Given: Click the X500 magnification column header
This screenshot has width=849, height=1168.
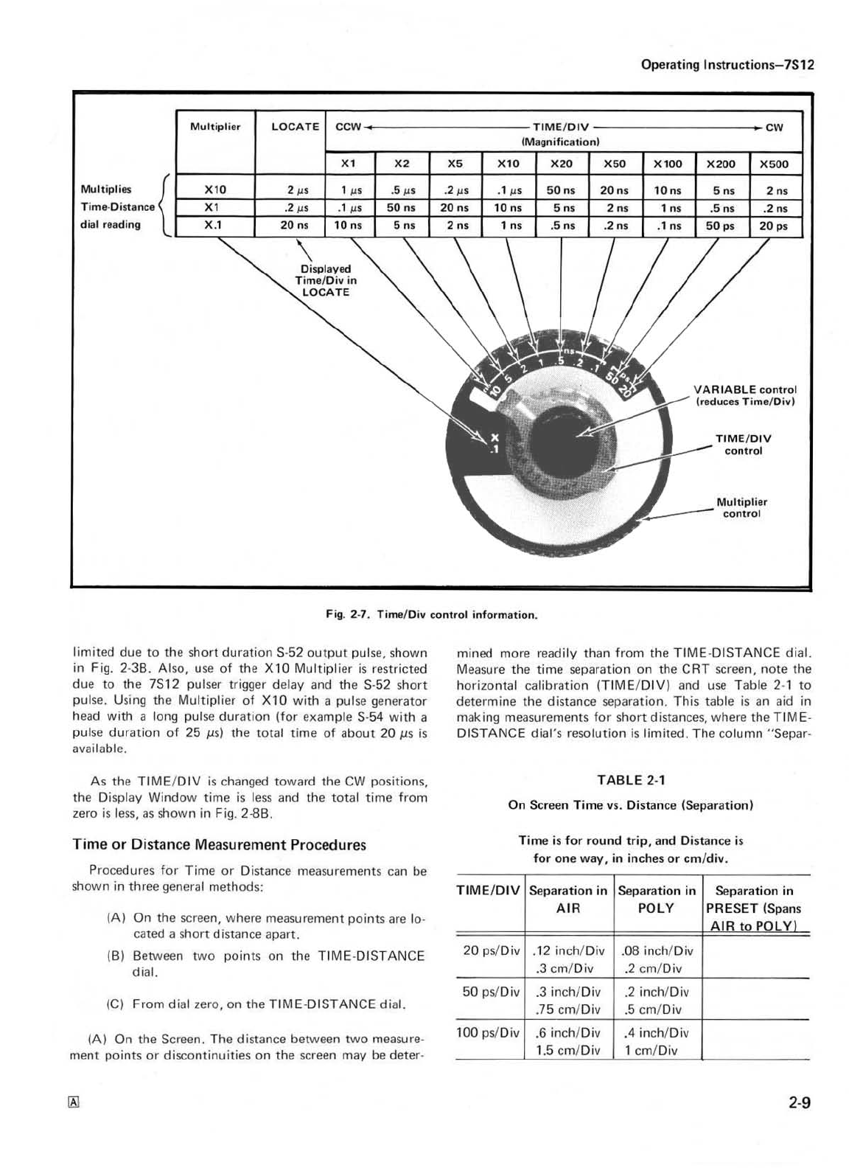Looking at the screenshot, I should pos(774,164).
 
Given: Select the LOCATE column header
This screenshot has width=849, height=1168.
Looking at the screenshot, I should pos(295,127).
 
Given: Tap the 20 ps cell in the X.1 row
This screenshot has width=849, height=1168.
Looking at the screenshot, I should pos(774,226).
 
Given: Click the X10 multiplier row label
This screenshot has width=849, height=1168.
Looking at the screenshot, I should pos(216,190).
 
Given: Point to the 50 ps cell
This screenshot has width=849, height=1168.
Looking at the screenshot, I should pos(720,226).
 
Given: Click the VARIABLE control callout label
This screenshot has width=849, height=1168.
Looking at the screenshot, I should pos(745,395).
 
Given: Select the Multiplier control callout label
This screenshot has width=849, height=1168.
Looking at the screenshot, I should pos(741,507).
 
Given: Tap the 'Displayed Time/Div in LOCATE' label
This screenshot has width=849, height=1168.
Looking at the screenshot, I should pos(326,280).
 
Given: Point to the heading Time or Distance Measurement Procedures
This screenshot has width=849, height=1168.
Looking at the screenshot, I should pos(219,844).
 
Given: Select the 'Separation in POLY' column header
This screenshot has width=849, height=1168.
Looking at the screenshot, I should pos(657,900).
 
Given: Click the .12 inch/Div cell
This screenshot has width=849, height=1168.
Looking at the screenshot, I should pos(567,950).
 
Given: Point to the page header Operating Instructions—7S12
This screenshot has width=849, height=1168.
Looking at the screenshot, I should pos(727,64).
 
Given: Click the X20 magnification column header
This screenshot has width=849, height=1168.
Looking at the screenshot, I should pos(562,164).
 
